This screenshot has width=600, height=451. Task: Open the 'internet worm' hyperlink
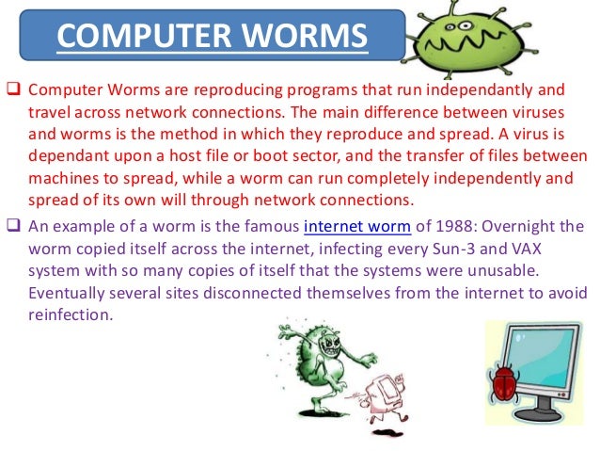click(x=351, y=227)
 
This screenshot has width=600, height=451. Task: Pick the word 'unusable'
click(x=533, y=270)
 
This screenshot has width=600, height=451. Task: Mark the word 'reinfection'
click(x=72, y=314)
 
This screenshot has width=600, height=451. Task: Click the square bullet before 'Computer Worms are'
click(x=13, y=90)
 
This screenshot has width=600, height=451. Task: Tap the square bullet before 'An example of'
click(x=13, y=227)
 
